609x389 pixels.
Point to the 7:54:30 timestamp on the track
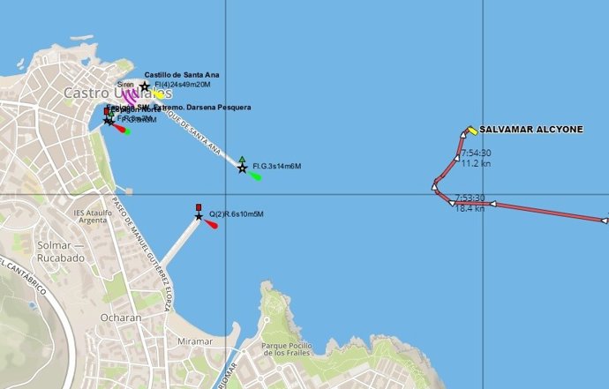[475, 153]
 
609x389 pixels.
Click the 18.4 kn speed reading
[470, 209]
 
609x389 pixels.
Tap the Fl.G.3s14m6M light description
[276, 166]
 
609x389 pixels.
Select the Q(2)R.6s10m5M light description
[236, 214]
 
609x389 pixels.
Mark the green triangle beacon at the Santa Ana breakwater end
[242, 160]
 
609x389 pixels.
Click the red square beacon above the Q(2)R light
[199, 207]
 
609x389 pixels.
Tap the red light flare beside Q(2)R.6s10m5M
[212, 222]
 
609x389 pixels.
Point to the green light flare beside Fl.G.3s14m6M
[255, 176]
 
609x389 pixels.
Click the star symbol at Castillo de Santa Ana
[145, 86]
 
